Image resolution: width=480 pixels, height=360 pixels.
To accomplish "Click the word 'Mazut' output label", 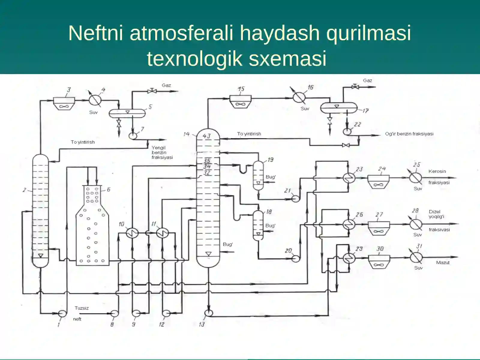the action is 443,262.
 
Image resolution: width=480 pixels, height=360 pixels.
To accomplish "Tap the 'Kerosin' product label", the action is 437,171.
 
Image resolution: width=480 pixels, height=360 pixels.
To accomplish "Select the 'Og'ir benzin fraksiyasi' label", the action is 409,134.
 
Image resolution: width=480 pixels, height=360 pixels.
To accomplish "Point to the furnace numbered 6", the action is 92,225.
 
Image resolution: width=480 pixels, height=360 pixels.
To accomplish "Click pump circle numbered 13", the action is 209,313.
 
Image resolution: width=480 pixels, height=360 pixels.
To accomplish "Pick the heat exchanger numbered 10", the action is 132,233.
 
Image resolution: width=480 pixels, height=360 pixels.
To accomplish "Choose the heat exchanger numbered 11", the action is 163,233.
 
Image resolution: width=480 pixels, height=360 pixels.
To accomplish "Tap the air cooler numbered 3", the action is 64,103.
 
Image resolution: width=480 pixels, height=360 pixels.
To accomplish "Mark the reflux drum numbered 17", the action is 339,107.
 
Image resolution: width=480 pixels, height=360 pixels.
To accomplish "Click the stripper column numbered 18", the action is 258,225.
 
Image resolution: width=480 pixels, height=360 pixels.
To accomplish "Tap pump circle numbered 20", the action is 295,259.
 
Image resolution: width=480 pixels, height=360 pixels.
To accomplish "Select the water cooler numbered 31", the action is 416,257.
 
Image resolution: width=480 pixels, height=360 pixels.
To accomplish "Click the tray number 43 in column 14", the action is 207,136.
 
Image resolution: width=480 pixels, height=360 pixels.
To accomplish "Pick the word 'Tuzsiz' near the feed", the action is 82,308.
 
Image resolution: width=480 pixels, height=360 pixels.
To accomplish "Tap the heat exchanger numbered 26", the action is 349,224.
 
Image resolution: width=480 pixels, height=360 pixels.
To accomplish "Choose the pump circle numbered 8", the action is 115,314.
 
